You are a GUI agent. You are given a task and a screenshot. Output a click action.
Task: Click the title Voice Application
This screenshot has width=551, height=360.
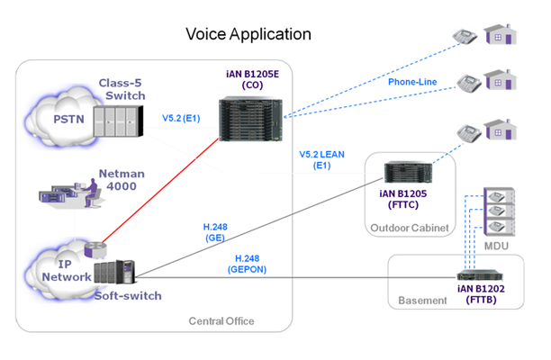248,34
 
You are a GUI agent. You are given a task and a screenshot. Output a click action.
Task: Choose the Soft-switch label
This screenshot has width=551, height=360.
127,294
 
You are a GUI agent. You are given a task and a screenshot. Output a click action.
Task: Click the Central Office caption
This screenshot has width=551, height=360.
221,321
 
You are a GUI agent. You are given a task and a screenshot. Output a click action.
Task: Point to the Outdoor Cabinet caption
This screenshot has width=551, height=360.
410,228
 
